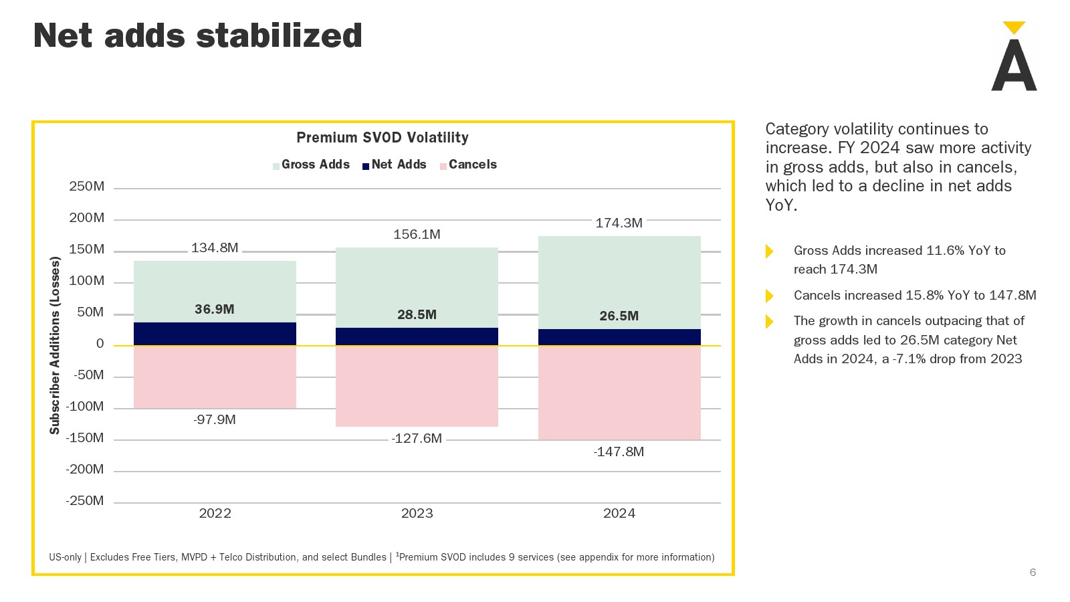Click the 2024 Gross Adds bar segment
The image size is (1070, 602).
(x=619, y=281)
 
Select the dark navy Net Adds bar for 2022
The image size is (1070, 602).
(x=215, y=334)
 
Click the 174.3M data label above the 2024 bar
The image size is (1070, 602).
(x=619, y=223)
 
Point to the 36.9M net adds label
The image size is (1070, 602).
(x=214, y=309)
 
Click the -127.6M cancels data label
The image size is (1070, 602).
(x=417, y=438)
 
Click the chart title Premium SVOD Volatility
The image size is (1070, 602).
(x=383, y=137)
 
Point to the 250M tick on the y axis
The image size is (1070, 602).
(x=87, y=187)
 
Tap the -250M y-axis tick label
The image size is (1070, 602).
(x=85, y=500)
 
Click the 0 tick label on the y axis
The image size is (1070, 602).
(x=100, y=344)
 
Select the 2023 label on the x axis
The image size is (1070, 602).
(x=417, y=513)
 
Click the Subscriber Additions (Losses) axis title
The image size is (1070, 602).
(x=55, y=345)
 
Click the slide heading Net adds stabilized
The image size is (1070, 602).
(x=197, y=35)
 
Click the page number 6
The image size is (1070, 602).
(x=1033, y=572)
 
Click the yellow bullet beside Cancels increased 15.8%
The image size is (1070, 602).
(x=769, y=296)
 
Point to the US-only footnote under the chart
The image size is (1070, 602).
(x=381, y=557)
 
